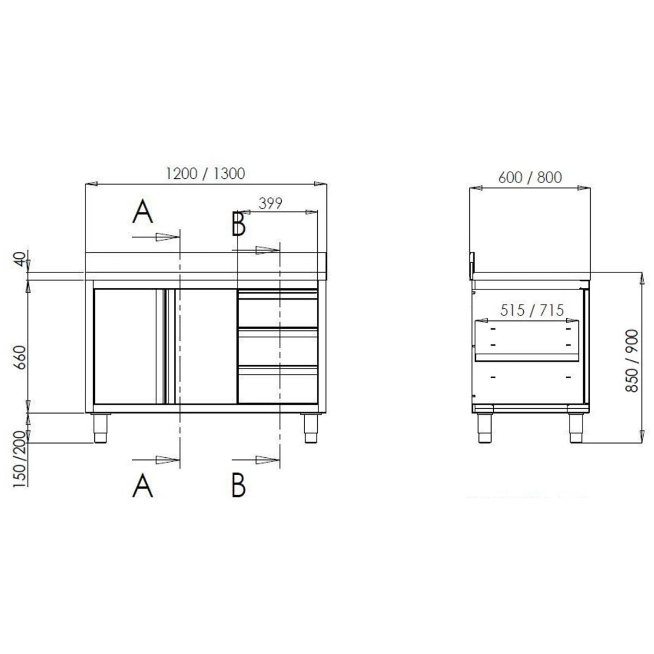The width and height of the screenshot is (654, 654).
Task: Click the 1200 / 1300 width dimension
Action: [x=205, y=173]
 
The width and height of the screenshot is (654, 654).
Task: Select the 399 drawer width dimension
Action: [x=270, y=204]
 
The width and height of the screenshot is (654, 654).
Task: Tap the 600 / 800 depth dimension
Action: [x=530, y=177]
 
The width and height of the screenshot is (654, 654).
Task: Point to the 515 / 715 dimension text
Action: [x=531, y=310]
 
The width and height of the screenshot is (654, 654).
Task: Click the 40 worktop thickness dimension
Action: [x=21, y=259]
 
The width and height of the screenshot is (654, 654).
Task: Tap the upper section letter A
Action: [x=143, y=212]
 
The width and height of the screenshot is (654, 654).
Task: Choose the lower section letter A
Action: [x=143, y=485]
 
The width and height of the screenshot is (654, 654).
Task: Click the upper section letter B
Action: [x=238, y=224]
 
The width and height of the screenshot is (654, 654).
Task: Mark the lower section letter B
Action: [x=238, y=485]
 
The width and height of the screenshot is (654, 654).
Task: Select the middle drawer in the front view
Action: [x=277, y=348]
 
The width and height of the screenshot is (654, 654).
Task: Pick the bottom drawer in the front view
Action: [x=277, y=386]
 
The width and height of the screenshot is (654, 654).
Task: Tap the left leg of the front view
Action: [x=100, y=429]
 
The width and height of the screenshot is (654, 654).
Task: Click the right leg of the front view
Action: [x=309, y=429]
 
